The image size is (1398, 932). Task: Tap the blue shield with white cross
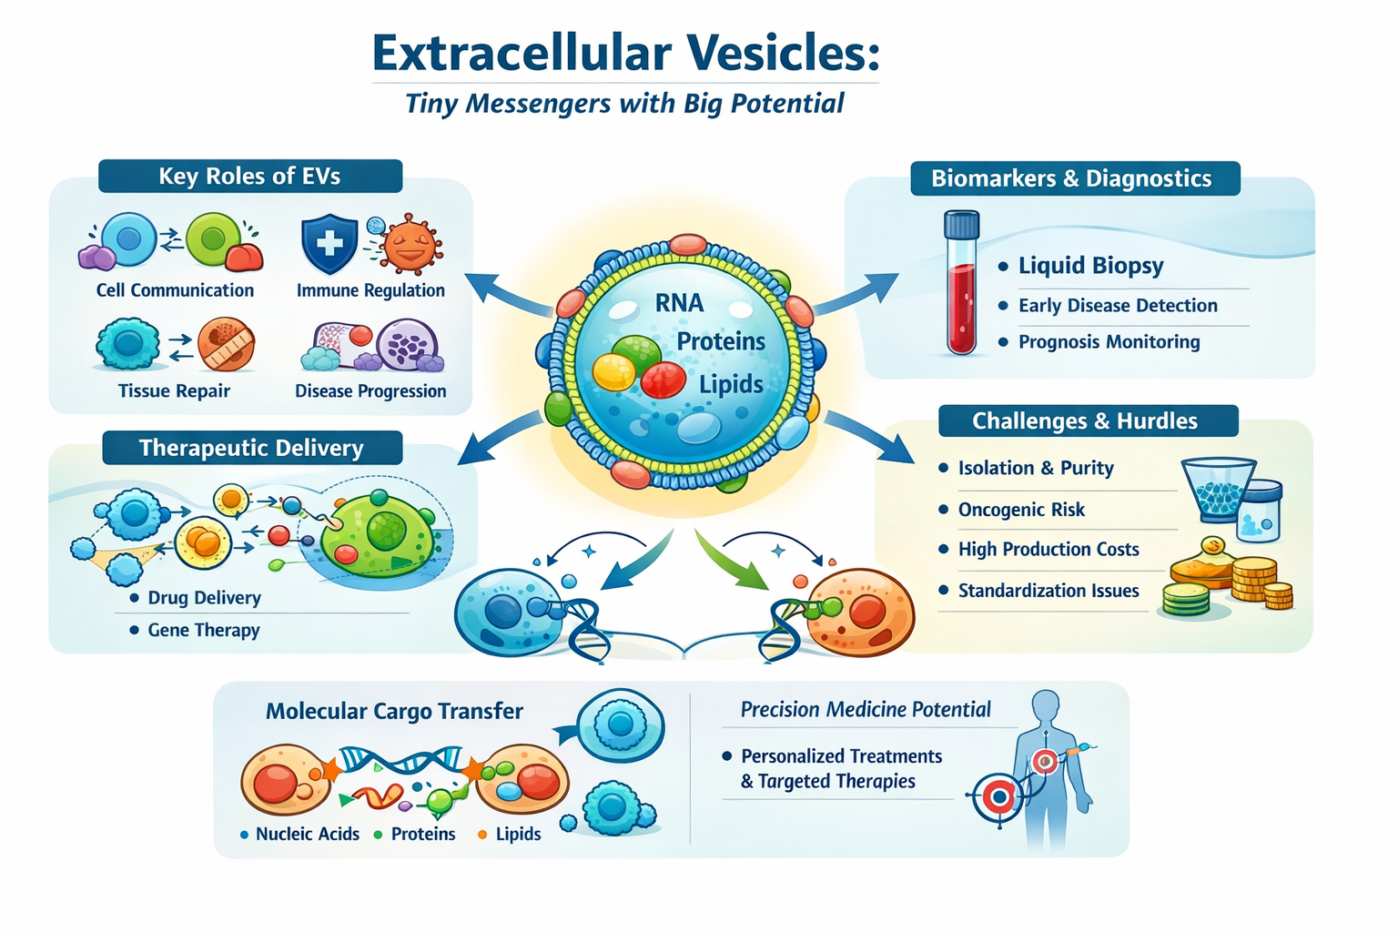(329, 244)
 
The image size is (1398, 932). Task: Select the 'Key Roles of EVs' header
(249, 176)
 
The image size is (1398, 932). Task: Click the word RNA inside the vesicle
(679, 303)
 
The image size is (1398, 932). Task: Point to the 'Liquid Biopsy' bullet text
(1091, 266)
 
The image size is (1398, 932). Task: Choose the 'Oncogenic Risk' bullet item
(1022, 510)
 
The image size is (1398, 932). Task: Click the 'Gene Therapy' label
(204, 631)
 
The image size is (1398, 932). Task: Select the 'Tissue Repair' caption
(174, 391)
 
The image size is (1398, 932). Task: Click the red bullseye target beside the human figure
(999, 797)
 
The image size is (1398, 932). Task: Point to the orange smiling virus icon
(411, 244)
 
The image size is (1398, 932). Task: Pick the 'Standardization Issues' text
(1048, 591)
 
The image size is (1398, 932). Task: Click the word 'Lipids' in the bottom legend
(518, 834)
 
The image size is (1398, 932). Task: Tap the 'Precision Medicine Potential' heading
(866, 710)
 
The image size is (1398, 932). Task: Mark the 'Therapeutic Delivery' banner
(252, 448)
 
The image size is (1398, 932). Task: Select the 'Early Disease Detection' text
(1118, 305)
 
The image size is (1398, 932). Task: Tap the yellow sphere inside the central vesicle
(613, 372)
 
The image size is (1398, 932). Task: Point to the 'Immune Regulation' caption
(370, 291)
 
